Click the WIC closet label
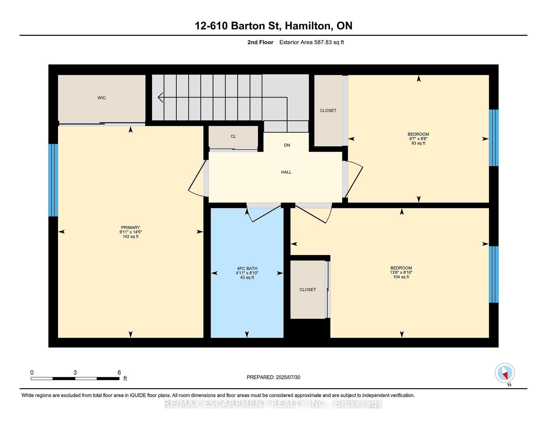coord(102,98)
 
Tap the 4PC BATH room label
coord(247,268)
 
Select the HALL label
coord(286,172)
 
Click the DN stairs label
coord(287,145)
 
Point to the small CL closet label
coord(233,136)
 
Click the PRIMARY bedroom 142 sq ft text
coord(130,237)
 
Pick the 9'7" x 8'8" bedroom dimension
coord(418,139)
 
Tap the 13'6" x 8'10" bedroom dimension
coord(401,273)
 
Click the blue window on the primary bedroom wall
coord(53,180)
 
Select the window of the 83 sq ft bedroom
coord(493,137)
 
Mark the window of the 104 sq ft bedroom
coord(493,274)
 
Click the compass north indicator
coord(505,373)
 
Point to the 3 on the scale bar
coord(75,372)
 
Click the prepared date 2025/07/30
coord(287,377)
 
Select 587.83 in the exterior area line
coord(323,42)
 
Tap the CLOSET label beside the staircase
coord(328,110)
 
